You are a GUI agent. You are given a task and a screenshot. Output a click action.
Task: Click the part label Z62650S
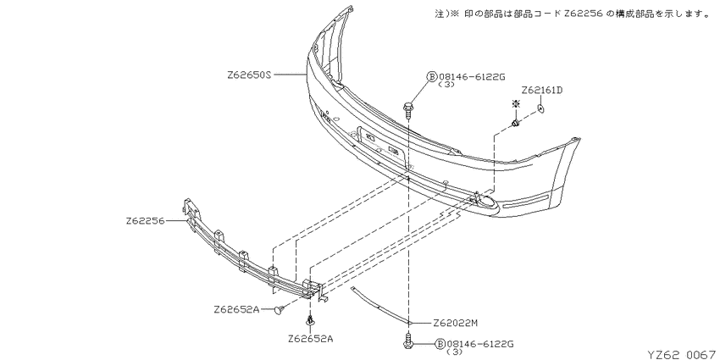point(249,75)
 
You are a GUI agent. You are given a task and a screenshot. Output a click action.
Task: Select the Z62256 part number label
point(145,221)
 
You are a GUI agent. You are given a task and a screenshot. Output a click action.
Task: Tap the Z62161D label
point(542,90)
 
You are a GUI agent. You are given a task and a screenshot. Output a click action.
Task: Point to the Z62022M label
point(456,324)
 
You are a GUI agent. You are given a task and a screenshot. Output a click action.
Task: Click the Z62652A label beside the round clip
point(236,309)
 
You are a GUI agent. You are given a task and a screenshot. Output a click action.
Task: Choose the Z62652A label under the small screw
point(311,340)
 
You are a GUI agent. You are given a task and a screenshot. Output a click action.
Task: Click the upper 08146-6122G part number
point(472,77)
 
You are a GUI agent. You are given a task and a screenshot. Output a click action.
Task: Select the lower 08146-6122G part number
point(479,343)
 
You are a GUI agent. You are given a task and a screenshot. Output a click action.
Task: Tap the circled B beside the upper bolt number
point(432,77)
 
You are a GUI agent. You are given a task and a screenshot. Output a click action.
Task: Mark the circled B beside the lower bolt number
point(440,343)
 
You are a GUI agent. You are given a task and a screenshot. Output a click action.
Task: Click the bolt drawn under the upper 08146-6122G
point(407,108)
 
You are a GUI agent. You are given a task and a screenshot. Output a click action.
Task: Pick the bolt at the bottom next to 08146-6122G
point(407,340)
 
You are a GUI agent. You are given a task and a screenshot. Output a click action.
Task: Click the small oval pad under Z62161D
point(540,108)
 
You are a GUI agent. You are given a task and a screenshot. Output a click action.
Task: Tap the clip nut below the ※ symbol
point(516,123)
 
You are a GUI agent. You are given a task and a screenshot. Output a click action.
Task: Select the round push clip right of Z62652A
point(278,311)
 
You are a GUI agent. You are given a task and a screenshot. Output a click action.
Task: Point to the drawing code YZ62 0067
point(684,354)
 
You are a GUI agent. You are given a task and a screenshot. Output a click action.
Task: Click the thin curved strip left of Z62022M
point(379,304)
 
